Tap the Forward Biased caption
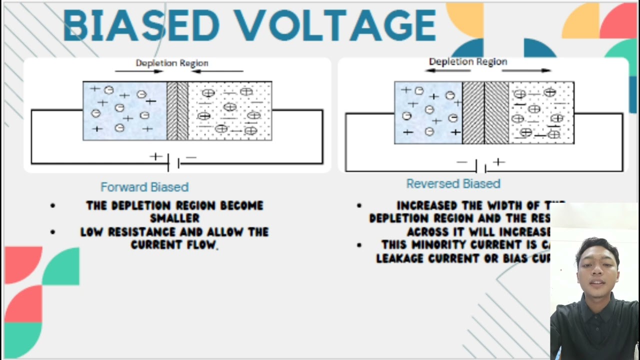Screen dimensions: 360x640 coord(144,187)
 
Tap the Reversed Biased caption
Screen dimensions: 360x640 coord(453,183)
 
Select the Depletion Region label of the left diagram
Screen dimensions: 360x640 coord(171,63)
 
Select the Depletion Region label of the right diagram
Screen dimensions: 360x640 coord(468,61)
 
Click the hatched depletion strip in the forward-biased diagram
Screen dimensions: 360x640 coord(177,111)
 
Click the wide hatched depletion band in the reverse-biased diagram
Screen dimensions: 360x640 coord(485,113)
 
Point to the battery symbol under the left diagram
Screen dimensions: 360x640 coord(173,162)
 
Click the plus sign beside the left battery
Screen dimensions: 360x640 coord(156,156)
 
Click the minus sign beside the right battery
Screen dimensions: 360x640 coord(462,162)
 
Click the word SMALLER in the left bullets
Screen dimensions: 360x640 coord(174,218)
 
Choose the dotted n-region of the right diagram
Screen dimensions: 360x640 coord(541,113)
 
